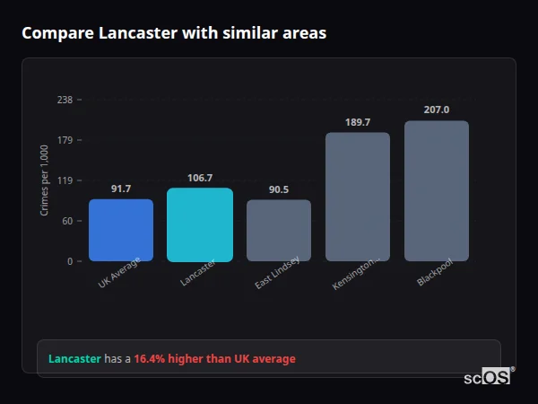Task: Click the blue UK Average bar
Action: tap(121, 230)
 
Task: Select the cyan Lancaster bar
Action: tap(200, 224)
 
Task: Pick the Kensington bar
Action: tap(358, 197)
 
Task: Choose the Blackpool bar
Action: tap(437, 190)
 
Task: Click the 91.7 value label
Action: tap(121, 189)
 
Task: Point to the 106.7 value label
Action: tap(200, 178)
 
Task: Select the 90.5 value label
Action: tap(279, 189)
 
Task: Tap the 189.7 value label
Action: tap(358, 122)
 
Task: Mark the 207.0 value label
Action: tap(437, 110)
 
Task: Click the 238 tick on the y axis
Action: tap(65, 100)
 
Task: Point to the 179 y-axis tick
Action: tap(65, 140)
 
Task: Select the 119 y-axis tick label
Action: tap(65, 180)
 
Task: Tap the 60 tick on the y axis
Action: tap(67, 221)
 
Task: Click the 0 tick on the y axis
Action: tap(70, 261)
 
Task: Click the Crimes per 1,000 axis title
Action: tap(45, 180)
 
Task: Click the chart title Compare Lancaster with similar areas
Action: tap(174, 33)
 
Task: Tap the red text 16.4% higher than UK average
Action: tap(214, 359)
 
